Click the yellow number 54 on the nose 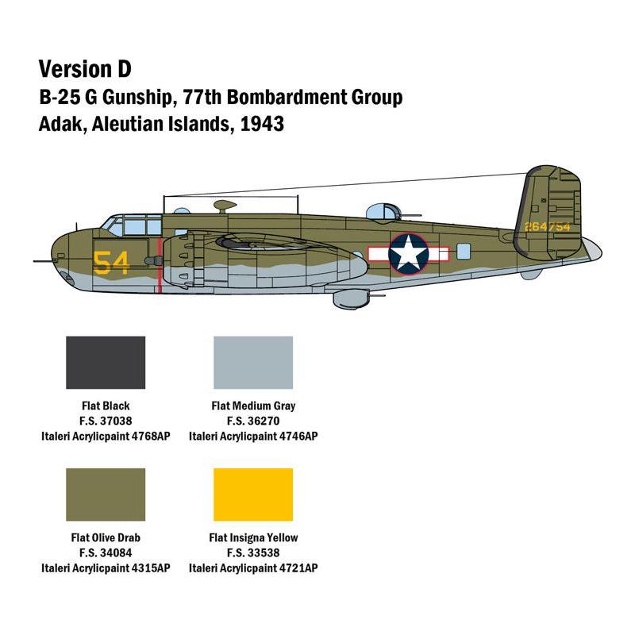pyautogui.click(x=111, y=262)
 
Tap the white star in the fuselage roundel pyautogui.click(x=409, y=253)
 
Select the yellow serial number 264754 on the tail pyautogui.click(x=547, y=226)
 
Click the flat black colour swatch pyautogui.click(x=106, y=362)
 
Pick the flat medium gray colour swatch pyautogui.click(x=253, y=362)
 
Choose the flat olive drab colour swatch pyautogui.click(x=106, y=495)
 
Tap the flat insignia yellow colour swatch pyautogui.click(x=253, y=495)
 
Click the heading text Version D pyautogui.click(x=86, y=68)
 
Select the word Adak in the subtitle pyautogui.click(x=60, y=125)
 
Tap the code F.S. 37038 pyautogui.click(x=106, y=421)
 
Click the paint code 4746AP pyautogui.click(x=297, y=436)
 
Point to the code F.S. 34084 pyautogui.click(x=106, y=552)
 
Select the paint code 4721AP pyautogui.click(x=297, y=568)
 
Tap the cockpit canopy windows pyautogui.click(x=131, y=225)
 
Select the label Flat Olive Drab pyautogui.click(x=106, y=537)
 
